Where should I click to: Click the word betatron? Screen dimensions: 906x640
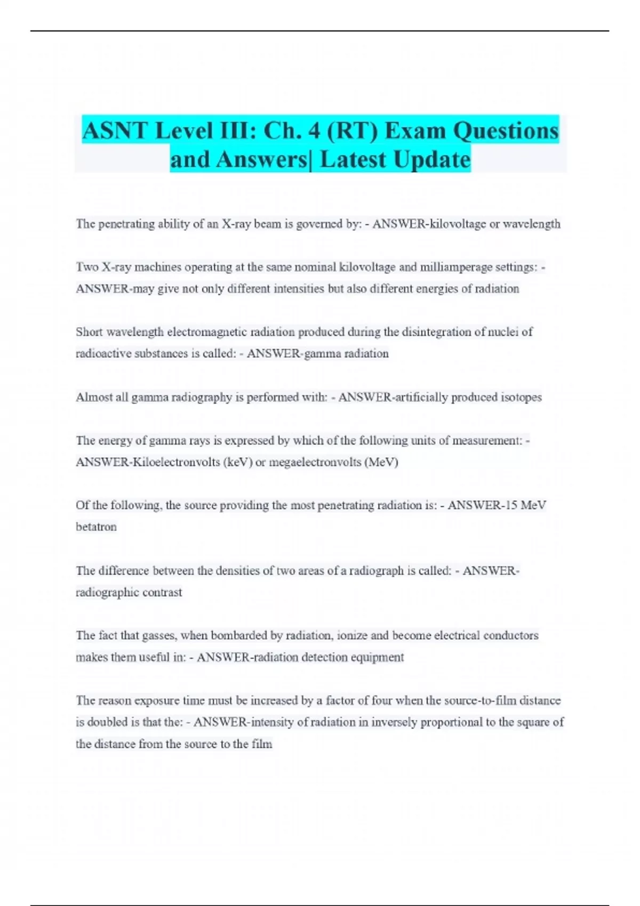tap(96, 527)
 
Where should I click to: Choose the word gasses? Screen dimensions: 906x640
tap(159, 635)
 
